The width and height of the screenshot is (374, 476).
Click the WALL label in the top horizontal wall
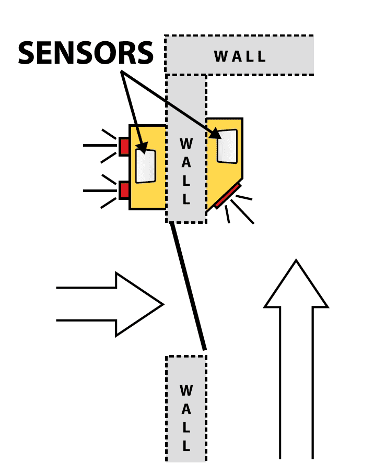(240, 56)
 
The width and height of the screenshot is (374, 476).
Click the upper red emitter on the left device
(124, 146)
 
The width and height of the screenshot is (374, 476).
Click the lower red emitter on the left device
(124, 190)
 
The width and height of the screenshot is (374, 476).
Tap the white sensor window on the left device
(146, 166)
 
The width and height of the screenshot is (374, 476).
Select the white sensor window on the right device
(227, 146)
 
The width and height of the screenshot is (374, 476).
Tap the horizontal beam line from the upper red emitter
(99, 146)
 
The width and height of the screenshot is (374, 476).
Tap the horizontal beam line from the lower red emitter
(99, 191)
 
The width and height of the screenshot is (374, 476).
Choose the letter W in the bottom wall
(186, 390)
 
